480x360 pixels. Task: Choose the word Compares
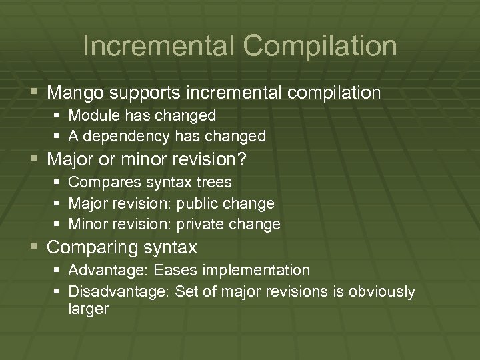click(100, 182)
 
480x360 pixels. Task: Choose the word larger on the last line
click(88, 309)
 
